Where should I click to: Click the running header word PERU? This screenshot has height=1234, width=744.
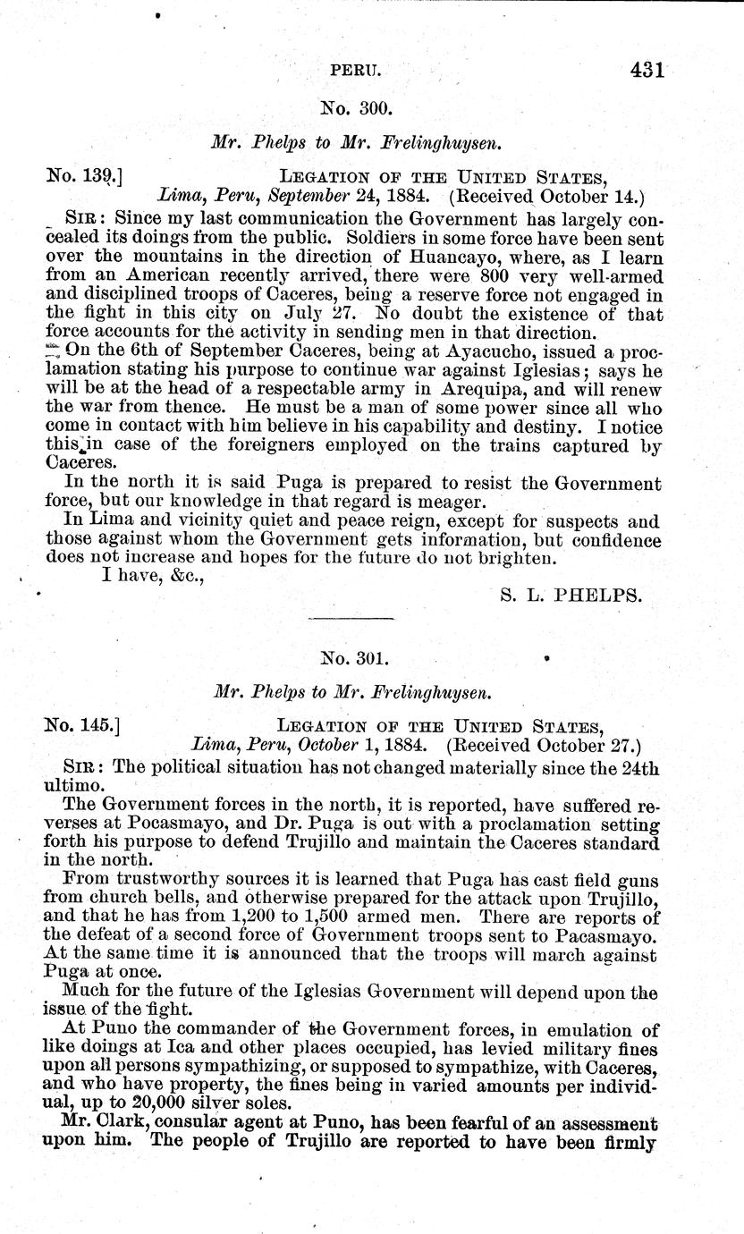356,69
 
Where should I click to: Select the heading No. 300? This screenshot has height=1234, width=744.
356,110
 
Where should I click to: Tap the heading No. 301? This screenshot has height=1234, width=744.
356,659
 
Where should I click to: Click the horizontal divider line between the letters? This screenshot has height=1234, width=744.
350,618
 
